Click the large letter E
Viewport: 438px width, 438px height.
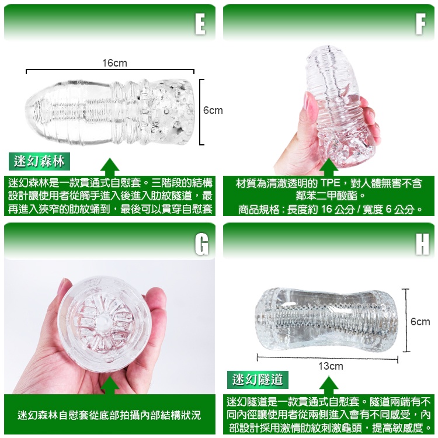coord(200,24)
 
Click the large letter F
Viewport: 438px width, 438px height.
coord(420,24)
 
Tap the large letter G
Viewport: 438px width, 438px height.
coord(201,244)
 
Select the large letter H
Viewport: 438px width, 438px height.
coord(422,244)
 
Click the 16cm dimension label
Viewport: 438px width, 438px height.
coord(114,63)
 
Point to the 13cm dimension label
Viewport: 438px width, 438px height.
coord(331,366)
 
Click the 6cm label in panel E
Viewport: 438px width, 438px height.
coord(213,110)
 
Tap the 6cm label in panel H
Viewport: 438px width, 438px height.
coord(420,322)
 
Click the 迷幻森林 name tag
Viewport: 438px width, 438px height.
coord(39,161)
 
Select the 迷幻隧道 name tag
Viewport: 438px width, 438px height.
coord(258,380)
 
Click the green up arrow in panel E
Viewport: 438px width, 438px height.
coord(110,167)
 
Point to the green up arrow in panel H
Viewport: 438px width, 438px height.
coord(328,385)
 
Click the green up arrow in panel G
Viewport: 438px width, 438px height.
coord(110,385)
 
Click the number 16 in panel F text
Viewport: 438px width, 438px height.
coord(326,209)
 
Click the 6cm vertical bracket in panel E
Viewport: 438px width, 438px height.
coord(200,112)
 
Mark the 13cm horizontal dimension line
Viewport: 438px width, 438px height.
coord(328,358)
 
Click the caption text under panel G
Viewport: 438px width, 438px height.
coord(109,415)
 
